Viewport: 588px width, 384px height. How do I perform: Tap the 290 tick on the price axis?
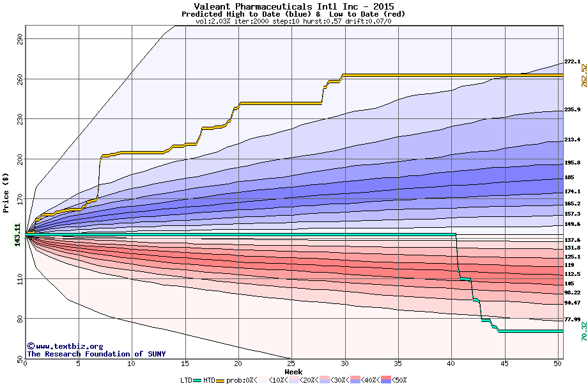(x=19, y=39)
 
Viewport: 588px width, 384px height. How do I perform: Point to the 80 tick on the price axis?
(x=19, y=318)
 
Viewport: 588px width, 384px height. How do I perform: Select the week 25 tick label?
(x=291, y=364)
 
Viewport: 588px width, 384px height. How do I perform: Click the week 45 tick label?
(x=505, y=364)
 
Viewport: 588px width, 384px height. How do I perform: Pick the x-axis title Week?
(x=293, y=372)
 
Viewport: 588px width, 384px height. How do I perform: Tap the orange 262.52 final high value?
(x=584, y=76)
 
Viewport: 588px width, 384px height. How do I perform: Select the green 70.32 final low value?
(x=584, y=331)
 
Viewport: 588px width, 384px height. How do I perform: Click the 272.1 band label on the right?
(x=572, y=61)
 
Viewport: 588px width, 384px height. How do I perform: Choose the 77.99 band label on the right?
(x=572, y=319)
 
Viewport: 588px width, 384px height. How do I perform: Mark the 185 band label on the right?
(x=569, y=177)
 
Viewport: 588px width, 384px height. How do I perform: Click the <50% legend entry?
(x=398, y=380)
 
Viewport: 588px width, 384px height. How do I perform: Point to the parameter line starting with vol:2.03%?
(x=293, y=21)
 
